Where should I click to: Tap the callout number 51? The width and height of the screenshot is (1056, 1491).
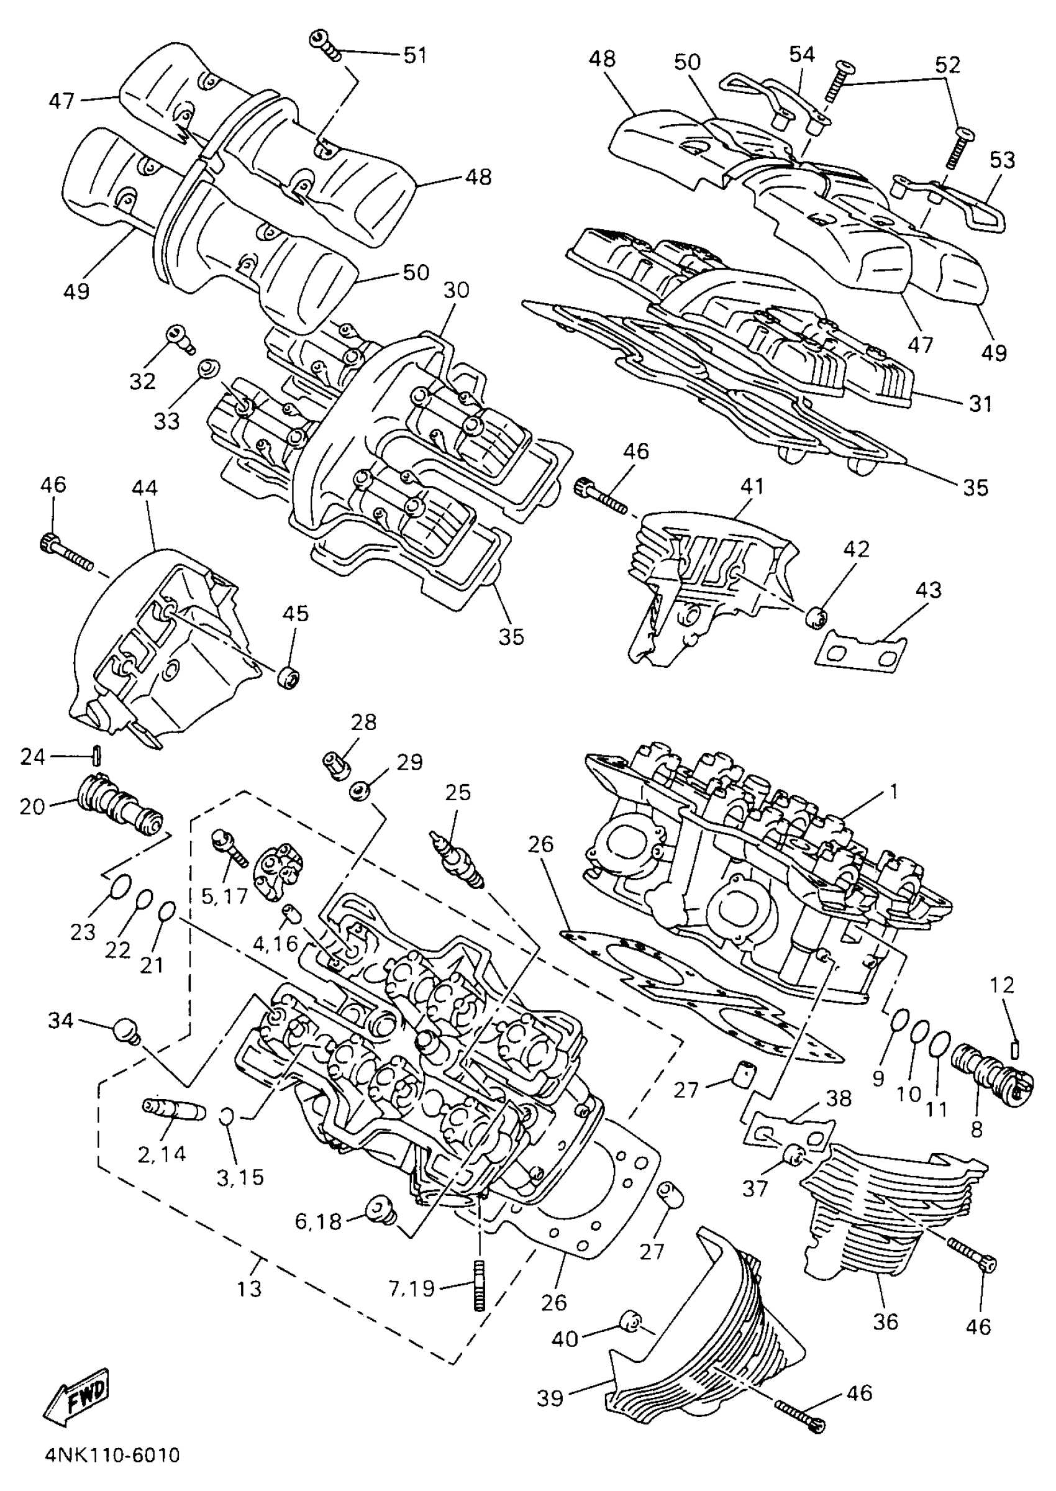tap(415, 55)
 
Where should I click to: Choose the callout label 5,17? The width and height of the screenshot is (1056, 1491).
tap(224, 896)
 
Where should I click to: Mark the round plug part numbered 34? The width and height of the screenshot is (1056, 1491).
tap(126, 1031)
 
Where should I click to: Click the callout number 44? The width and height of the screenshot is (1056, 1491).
tap(144, 488)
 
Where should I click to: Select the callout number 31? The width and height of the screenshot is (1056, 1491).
tap(980, 404)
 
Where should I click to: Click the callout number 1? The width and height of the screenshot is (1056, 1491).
tap(893, 791)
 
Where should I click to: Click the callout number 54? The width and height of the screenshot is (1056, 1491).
tap(802, 55)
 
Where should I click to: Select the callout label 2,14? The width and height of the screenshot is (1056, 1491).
tap(162, 1154)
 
